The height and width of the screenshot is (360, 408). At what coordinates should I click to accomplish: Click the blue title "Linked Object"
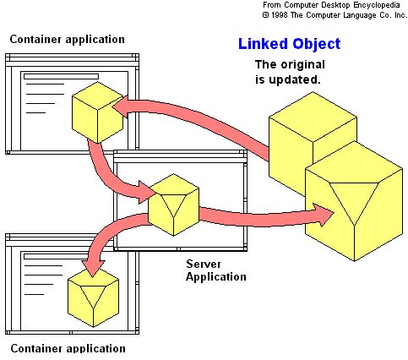pyautogui.click(x=289, y=44)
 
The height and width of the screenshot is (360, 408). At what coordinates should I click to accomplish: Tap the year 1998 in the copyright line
pyautogui.click(x=279, y=15)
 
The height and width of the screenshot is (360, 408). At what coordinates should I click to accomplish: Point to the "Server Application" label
pyautogui.click(x=216, y=270)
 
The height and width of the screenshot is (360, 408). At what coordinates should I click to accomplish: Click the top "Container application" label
pyautogui.click(x=67, y=40)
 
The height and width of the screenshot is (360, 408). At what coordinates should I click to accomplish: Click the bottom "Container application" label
pyautogui.click(x=68, y=348)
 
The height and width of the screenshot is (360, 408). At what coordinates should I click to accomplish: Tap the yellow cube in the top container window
pyautogui.click(x=97, y=112)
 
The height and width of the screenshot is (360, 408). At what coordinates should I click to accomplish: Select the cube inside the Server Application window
pyautogui.click(x=173, y=205)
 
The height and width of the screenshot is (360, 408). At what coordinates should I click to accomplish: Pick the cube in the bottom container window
pyautogui.click(x=93, y=297)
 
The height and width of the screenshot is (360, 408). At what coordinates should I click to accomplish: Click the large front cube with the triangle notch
pyautogui.click(x=354, y=201)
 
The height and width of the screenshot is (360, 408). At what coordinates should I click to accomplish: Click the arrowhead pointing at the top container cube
pyautogui.click(x=121, y=106)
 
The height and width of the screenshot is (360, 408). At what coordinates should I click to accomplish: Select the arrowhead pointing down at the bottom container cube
pyautogui.click(x=93, y=269)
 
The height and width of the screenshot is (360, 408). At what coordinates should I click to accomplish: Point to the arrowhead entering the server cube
pyautogui.click(x=147, y=192)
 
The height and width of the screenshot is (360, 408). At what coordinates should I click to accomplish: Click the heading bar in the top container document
pyautogui.click(x=61, y=77)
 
